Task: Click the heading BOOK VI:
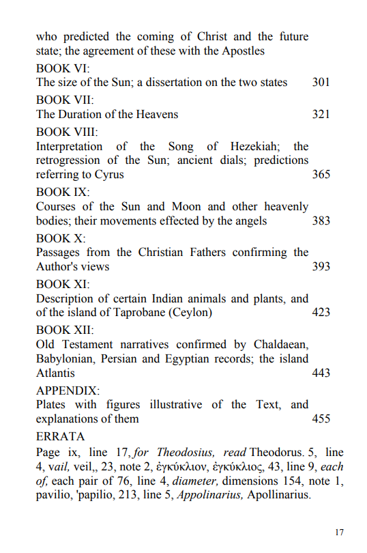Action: pos(63,68)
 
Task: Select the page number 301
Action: pos(321,83)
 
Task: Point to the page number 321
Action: pos(321,114)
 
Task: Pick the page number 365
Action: pos(321,175)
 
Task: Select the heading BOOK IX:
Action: pos(63,192)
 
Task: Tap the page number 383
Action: pos(321,221)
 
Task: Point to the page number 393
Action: pos(321,267)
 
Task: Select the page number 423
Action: pos(321,313)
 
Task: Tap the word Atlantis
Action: pos(55,373)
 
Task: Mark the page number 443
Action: pos(321,373)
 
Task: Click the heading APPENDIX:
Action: pos(68,391)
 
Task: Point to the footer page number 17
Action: pos(340,532)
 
